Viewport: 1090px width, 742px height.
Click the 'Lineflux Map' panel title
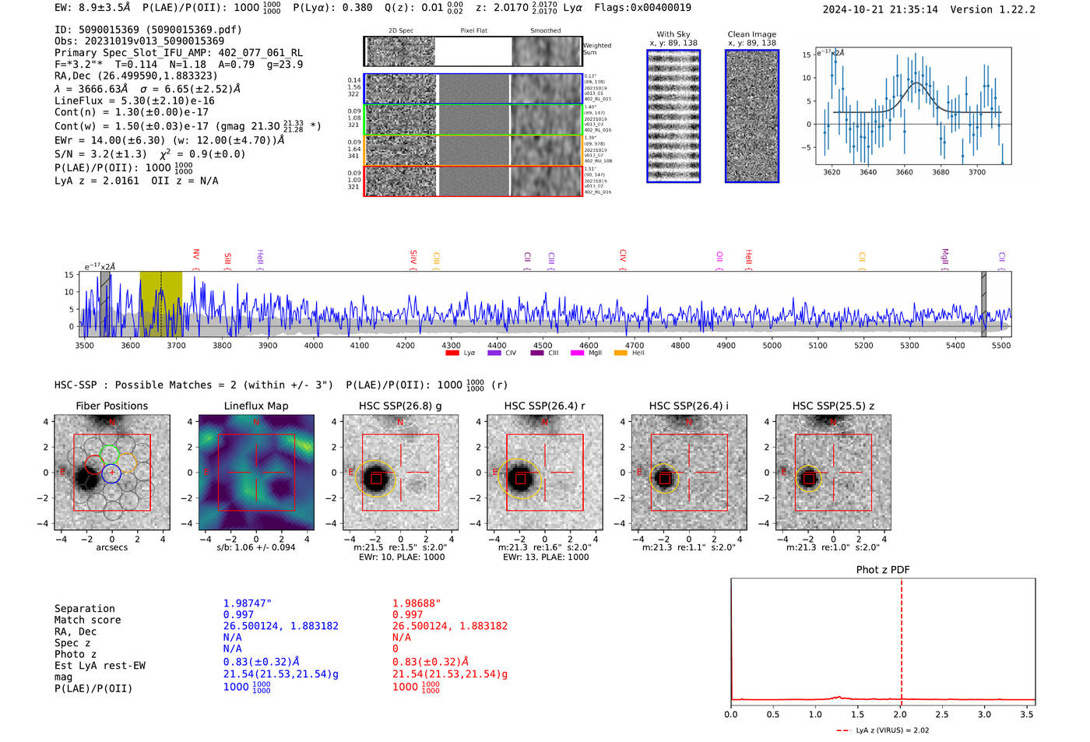[x=255, y=406]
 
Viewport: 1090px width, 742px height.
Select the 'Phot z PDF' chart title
[x=882, y=570]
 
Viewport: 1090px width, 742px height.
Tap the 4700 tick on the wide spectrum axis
[x=635, y=346]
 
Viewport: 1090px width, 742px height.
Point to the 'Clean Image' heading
[x=751, y=34]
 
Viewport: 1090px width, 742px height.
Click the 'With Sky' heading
[x=673, y=34]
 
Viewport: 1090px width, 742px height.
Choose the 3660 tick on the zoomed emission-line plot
[x=904, y=172]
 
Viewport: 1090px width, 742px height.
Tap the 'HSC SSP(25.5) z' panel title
[x=833, y=406]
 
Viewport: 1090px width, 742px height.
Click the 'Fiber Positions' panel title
[x=111, y=406]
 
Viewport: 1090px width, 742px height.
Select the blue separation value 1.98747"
[x=248, y=603]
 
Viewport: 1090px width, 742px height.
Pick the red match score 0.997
[x=407, y=615]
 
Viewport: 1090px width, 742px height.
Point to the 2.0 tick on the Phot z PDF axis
[x=900, y=714]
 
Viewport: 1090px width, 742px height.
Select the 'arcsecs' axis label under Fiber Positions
[x=111, y=547]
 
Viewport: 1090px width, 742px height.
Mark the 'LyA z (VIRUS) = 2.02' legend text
[x=891, y=730]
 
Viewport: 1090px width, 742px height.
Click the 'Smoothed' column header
[x=545, y=31]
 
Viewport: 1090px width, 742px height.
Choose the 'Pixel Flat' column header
[x=473, y=31]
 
